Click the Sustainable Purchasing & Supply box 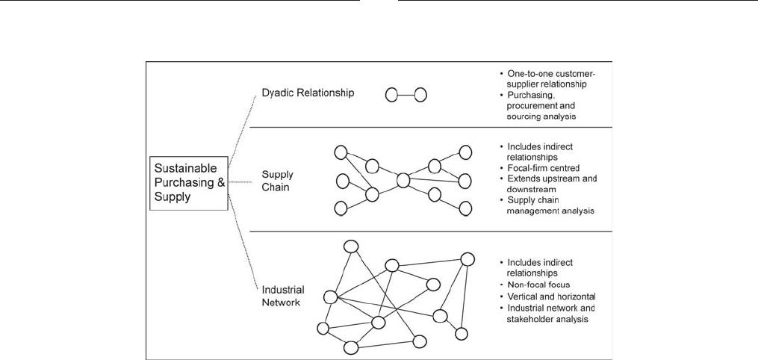(188, 183)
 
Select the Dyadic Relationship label (308, 93)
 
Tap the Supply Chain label (276, 180)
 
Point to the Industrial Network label (283, 297)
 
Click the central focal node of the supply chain (403, 181)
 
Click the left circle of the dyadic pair (391, 95)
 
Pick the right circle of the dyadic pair (420, 95)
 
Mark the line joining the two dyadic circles (406, 95)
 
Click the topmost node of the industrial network (350, 246)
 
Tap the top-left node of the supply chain (341, 152)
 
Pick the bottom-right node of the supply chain (465, 208)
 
